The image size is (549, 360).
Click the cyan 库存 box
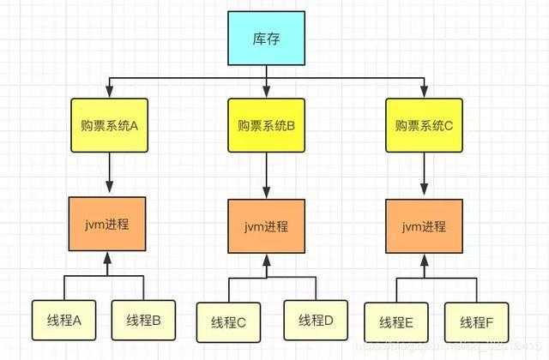[267, 41]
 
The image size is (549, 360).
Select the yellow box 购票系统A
[109, 124]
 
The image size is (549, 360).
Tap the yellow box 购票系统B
[266, 126]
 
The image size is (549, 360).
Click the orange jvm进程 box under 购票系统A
[109, 224]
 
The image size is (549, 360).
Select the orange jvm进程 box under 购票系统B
[266, 226]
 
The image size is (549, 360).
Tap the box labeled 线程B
[144, 321]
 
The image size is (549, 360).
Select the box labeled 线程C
[229, 322]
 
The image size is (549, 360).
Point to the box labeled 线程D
[316, 322]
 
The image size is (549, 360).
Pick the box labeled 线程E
[395, 322]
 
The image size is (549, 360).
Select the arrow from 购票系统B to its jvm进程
[266, 176]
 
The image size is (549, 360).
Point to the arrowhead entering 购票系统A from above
[109, 92]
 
